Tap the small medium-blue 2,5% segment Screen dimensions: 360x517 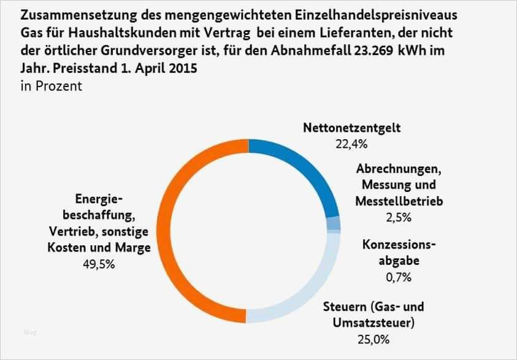click(333, 223)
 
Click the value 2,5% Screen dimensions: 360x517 click(398, 217)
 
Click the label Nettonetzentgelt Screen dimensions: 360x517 click(351, 129)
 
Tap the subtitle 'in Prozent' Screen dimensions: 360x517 click(51, 86)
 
